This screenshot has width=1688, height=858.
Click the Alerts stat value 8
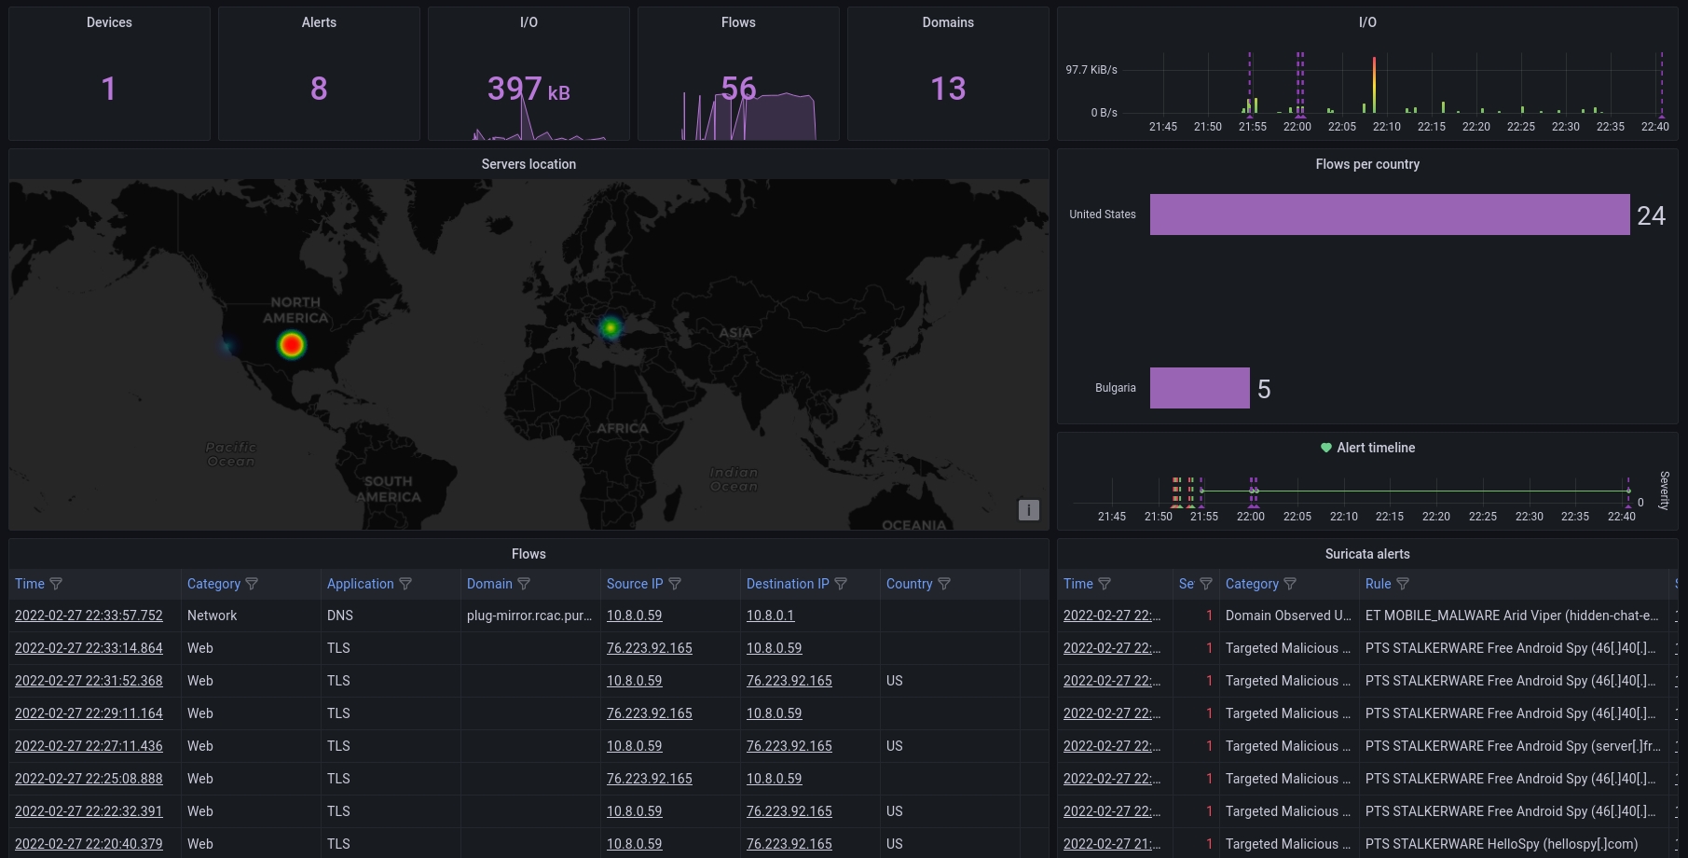319,89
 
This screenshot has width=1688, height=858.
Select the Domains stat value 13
948,89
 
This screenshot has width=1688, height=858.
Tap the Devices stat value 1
109,89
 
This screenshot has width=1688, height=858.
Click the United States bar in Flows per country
1389,214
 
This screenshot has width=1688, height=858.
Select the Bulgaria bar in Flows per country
1200,388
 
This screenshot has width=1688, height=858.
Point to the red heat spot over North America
292,345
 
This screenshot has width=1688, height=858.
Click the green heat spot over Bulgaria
611,327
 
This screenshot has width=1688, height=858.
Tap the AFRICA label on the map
623,428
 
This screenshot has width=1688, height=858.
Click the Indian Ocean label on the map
734,479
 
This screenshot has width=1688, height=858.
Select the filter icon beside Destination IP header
841,584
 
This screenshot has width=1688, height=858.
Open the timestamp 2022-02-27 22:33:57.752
89,616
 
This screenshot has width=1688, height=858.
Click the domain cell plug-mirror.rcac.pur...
528,616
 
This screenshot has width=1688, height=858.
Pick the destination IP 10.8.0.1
770,616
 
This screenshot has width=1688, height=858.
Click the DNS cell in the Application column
340,616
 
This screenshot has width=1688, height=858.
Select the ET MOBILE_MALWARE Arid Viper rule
1511,616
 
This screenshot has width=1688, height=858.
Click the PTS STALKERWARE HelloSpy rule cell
1501,844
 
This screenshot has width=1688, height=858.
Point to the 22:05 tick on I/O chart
1342,126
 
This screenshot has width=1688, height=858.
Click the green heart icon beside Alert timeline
1326,448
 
